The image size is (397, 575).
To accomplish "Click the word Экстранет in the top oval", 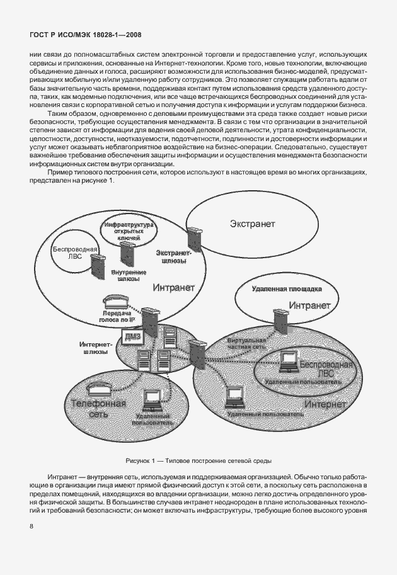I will [x=252, y=223].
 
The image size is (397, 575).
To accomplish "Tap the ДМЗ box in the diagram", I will [x=132, y=338].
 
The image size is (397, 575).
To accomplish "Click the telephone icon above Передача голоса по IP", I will [x=111, y=300].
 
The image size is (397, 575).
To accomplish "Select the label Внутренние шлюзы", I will [x=129, y=276].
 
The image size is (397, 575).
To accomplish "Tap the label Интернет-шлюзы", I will [x=96, y=348].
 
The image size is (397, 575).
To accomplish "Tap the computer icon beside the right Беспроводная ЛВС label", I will [x=289, y=362].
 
